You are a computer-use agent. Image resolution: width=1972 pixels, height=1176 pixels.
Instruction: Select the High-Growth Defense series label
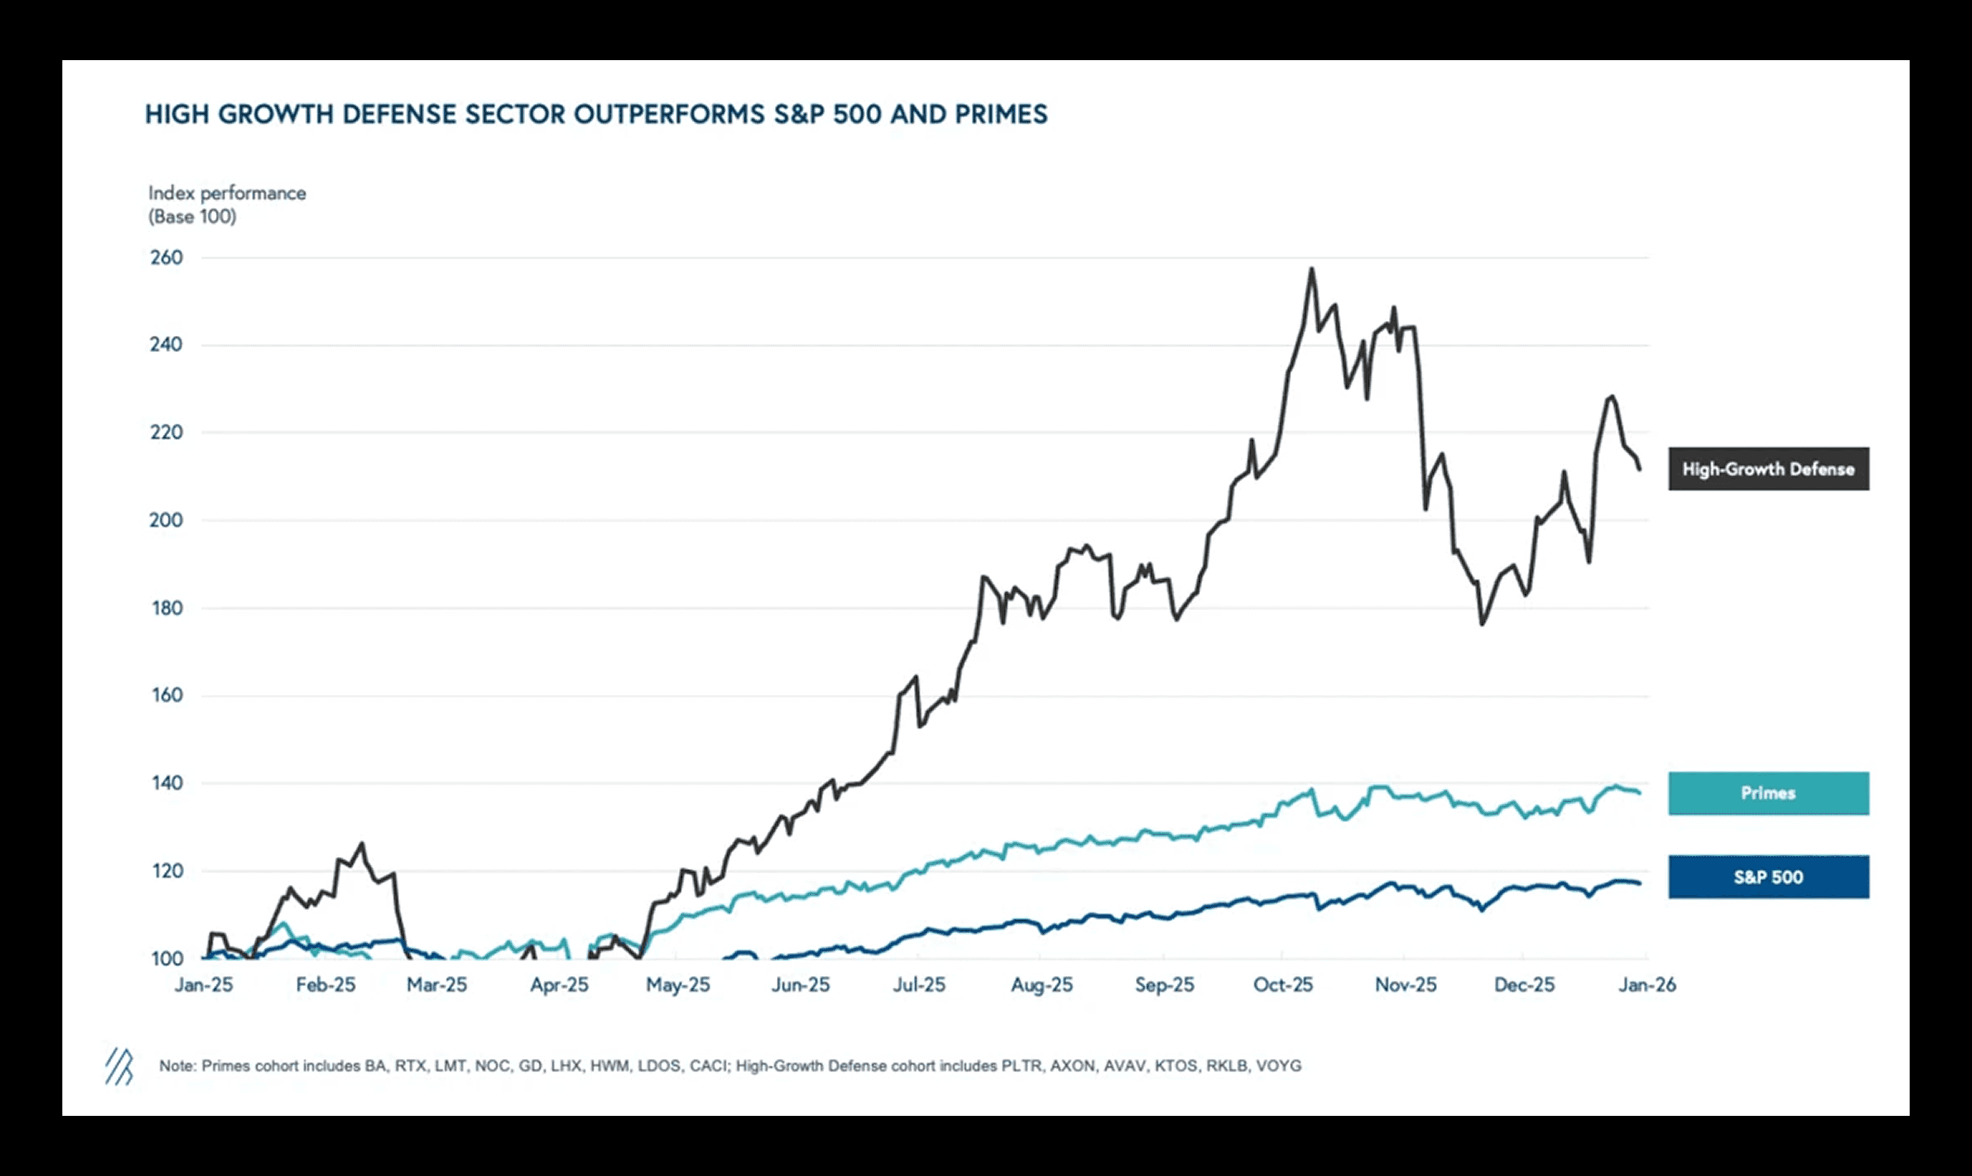click(x=1768, y=469)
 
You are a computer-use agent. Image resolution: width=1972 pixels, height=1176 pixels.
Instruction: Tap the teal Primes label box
click(x=1768, y=793)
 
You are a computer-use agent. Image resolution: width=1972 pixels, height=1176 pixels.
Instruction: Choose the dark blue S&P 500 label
click(x=1768, y=877)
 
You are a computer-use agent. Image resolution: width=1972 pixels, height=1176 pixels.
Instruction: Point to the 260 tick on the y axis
click(x=166, y=257)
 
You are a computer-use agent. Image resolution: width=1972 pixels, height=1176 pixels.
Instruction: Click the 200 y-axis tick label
click(x=166, y=520)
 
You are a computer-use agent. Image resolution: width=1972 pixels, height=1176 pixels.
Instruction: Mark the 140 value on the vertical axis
click(x=166, y=783)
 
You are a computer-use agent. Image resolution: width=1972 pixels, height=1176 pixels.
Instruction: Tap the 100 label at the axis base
click(x=166, y=959)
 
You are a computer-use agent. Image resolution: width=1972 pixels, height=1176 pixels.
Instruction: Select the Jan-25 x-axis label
click(x=204, y=985)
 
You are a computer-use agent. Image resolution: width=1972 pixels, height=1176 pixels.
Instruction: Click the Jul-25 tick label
click(x=919, y=985)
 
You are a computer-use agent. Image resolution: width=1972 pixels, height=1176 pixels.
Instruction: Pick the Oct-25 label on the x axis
click(x=1282, y=985)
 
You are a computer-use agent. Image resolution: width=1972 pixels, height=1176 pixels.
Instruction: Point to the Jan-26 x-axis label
click(x=1647, y=985)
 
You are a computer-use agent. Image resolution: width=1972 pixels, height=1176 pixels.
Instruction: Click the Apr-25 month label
click(x=560, y=985)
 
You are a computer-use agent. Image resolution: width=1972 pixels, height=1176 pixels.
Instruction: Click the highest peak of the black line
click(x=1312, y=269)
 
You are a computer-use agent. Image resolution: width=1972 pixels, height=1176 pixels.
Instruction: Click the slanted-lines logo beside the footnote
click(x=119, y=1067)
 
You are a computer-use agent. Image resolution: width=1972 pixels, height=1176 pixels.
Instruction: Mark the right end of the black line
click(x=1639, y=469)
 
